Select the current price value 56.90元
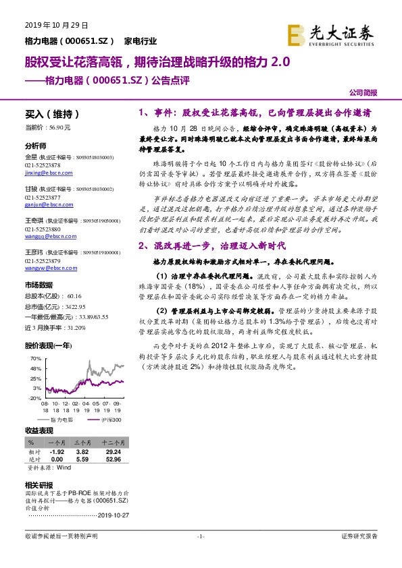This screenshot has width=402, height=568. (x=59, y=127)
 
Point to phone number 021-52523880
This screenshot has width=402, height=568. (x=43, y=229)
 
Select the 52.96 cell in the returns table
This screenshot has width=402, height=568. (x=113, y=459)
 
